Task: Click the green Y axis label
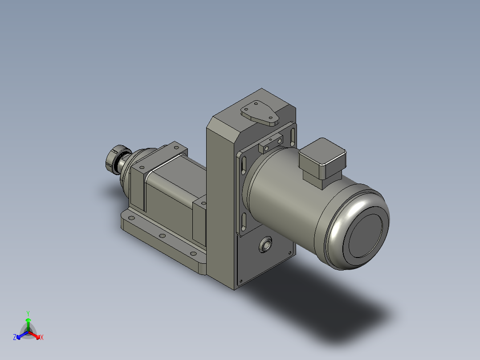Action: coord(28,313)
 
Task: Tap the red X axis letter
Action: coord(41,337)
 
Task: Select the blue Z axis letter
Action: coord(15,337)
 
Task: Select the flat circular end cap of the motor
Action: coord(365,234)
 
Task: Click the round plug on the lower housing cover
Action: coord(266,245)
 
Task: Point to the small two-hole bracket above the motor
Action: coord(271,143)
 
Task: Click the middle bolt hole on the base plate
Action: coord(162,236)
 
